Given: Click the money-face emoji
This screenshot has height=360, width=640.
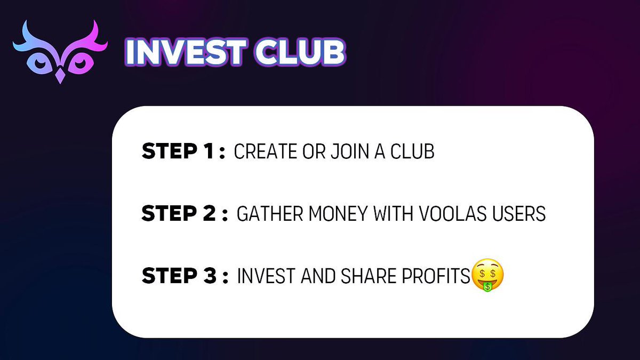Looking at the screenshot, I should [487, 276].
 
